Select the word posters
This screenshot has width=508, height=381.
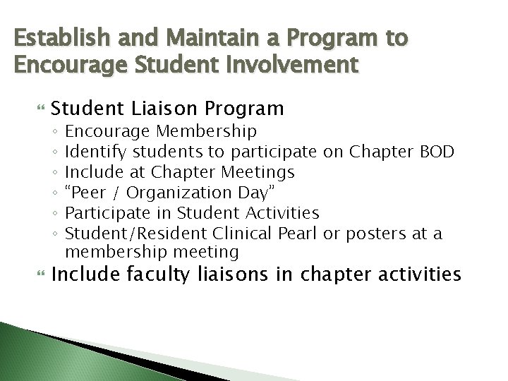click(377, 232)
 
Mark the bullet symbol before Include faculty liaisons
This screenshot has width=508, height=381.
click(40, 273)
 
